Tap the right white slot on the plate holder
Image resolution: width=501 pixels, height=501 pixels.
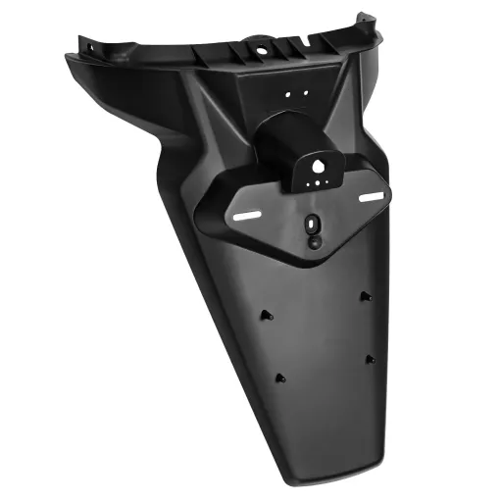pos(371,199)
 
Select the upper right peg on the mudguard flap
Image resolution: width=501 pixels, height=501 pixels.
pos(364,295)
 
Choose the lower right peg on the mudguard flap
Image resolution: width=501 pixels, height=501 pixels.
pos(370,360)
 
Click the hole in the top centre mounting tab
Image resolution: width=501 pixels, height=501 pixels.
pos(264,44)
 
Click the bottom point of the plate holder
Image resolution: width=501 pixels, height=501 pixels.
pos(314,257)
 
